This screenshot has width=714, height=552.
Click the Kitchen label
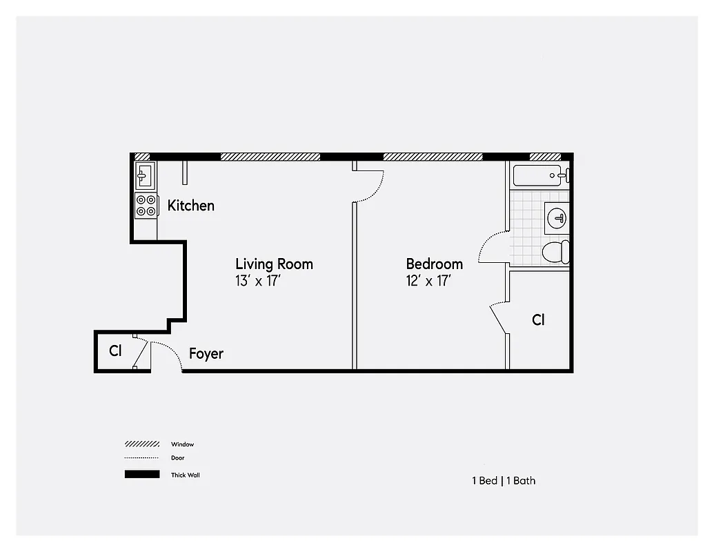(190, 206)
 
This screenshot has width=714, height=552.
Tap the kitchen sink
(145, 176)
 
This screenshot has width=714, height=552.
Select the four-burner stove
(146, 206)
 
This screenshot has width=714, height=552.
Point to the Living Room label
(274, 264)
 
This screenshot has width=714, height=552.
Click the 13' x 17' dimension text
(258, 281)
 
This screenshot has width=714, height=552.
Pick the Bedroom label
(434, 264)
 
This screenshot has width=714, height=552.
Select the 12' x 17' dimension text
(428, 281)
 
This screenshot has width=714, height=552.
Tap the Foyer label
(206, 354)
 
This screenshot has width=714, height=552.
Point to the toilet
(555, 252)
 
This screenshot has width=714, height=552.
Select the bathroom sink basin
(557, 219)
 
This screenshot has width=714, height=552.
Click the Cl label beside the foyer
(115, 351)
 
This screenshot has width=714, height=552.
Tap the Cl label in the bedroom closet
(538, 320)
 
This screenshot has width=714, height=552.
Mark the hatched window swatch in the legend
(142, 444)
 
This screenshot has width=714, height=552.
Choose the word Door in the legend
(178, 457)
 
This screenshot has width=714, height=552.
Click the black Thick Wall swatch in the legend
(142, 475)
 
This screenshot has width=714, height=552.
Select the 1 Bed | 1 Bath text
(503, 481)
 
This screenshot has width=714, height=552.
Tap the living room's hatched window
(270, 157)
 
